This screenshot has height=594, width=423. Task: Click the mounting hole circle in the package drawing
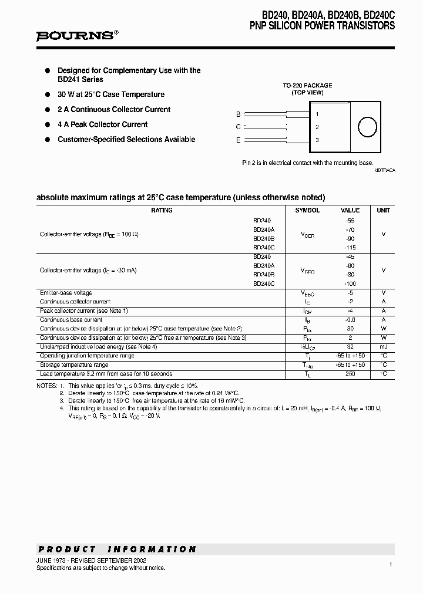coord(367,127)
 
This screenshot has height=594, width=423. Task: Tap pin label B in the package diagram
coord(238,114)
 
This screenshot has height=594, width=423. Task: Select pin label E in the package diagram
coord(238,140)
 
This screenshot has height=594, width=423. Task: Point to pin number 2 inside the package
coord(317,127)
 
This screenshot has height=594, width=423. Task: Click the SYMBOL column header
coord(307,210)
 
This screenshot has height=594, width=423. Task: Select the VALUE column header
coord(350,210)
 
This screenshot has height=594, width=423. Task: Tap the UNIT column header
coord(383,210)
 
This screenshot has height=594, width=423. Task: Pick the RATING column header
coord(162,210)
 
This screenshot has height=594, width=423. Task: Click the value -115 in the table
coord(350,248)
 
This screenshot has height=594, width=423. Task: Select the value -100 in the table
coord(350,283)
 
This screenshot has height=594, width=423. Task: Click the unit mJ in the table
coord(383,347)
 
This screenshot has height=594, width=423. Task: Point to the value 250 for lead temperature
coord(350,374)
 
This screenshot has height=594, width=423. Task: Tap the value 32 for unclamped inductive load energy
coord(350,347)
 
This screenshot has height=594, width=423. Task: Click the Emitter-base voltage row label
coord(66,293)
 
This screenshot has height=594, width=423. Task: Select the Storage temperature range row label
coord(73,365)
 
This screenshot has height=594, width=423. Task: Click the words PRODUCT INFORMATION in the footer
coord(117,549)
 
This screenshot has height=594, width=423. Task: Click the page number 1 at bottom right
coord(390,564)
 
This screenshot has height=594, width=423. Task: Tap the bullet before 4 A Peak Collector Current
coord(48,124)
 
